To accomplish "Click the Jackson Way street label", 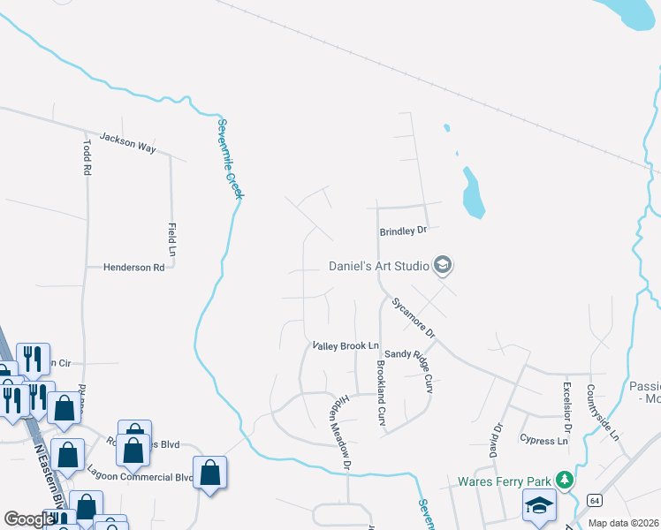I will [x=128, y=142].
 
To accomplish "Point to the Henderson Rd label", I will [x=133, y=267].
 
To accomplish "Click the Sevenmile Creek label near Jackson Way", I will [x=230, y=159].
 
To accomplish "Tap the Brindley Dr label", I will [x=403, y=231].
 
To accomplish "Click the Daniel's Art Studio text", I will [x=378, y=265].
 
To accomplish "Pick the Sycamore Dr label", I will [x=414, y=317].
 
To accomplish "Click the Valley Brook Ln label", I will [x=346, y=346].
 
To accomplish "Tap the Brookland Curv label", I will [x=381, y=389].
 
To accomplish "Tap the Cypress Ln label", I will [x=543, y=440].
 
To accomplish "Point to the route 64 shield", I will [x=596, y=500].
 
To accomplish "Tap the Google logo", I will [x=29, y=519].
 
